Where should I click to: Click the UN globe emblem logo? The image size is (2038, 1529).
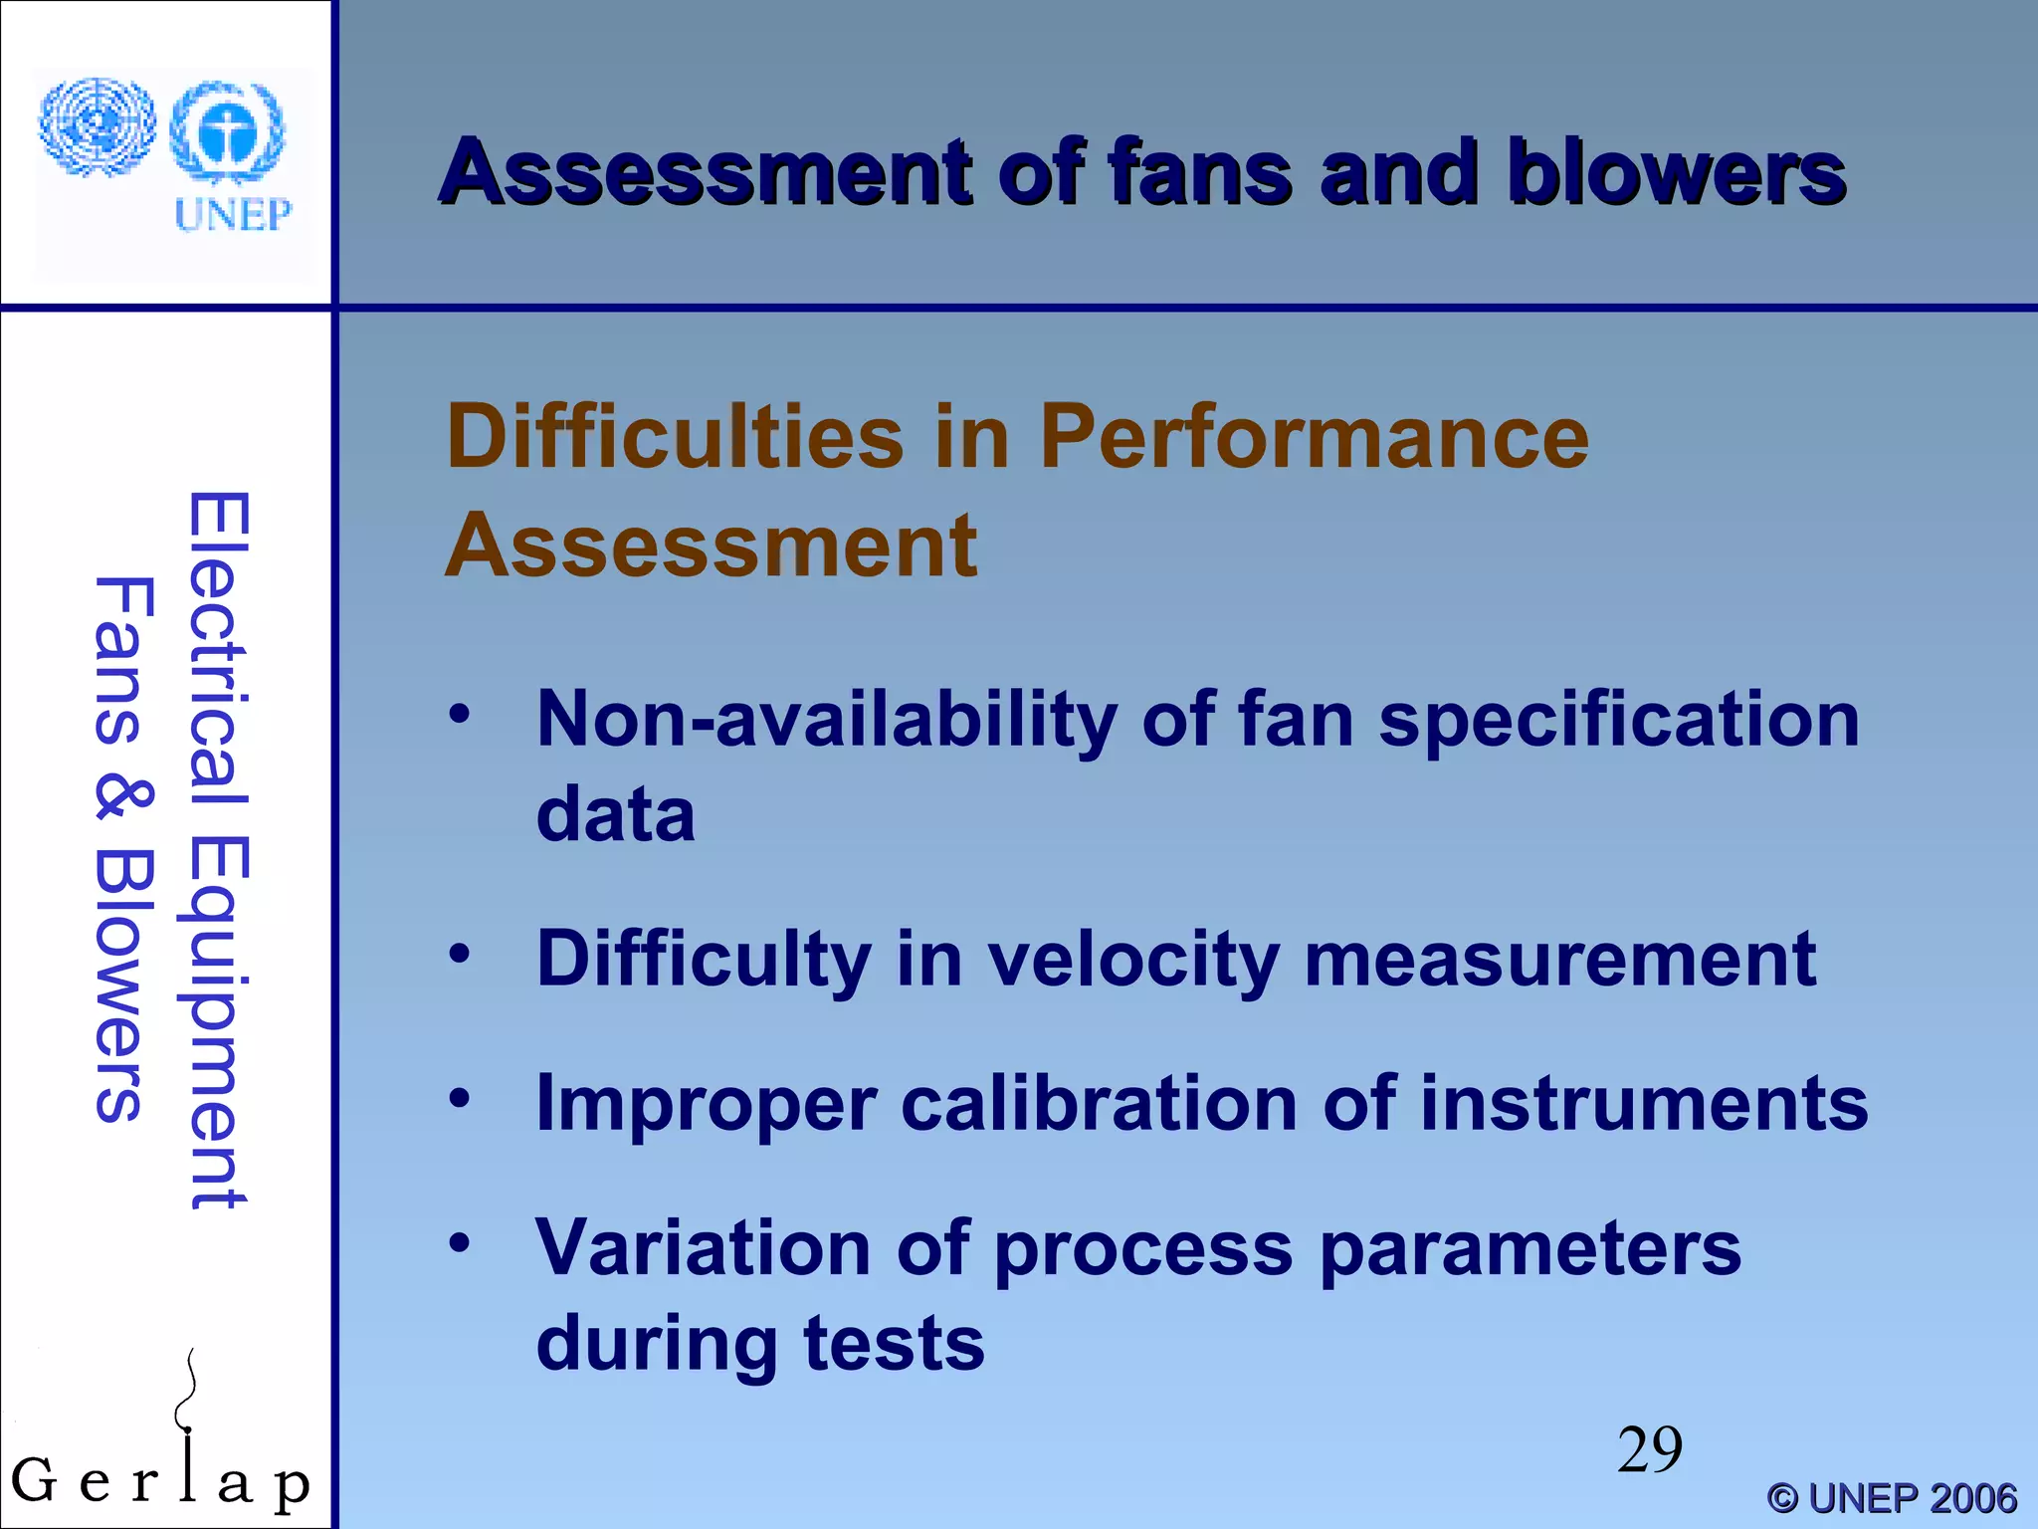click(x=97, y=127)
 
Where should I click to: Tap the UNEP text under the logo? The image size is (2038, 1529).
click(x=233, y=215)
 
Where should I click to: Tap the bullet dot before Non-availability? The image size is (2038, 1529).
click(x=459, y=714)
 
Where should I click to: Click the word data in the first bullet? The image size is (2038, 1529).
click(x=615, y=813)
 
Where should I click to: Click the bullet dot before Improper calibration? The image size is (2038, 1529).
click(x=459, y=1099)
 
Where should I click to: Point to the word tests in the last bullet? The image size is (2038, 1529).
click(x=894, y=1343)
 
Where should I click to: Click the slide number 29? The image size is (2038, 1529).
click(x=1649, y=1449)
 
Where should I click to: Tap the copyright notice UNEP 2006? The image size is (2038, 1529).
click(x=1891, y=1498)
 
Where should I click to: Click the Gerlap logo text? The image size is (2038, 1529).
click(x=159, y=1481)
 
